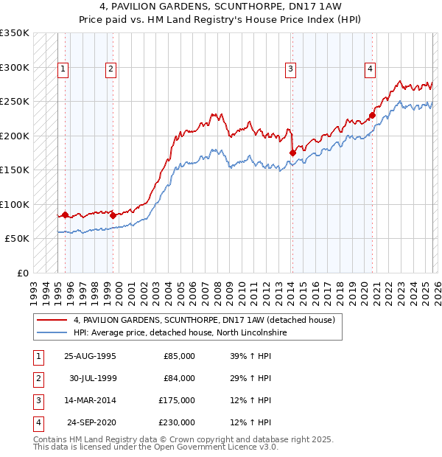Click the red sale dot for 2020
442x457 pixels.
click(x=373, y=115)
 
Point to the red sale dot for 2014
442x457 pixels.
click(x=292, y=153)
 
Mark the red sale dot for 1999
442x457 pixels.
click(x=113, y=215)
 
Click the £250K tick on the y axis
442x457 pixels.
click(x=15, y=102)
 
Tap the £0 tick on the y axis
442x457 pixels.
click(x=22, y=273)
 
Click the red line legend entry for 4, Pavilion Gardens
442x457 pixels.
click(x=204, y=320)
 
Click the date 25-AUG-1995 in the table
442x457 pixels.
click(x=90, y=356)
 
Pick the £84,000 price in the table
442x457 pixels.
click(x=179, y=378)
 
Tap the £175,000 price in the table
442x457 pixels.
click(x=178, y=400)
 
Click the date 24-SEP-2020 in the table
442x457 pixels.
click(x=91, y=422)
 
